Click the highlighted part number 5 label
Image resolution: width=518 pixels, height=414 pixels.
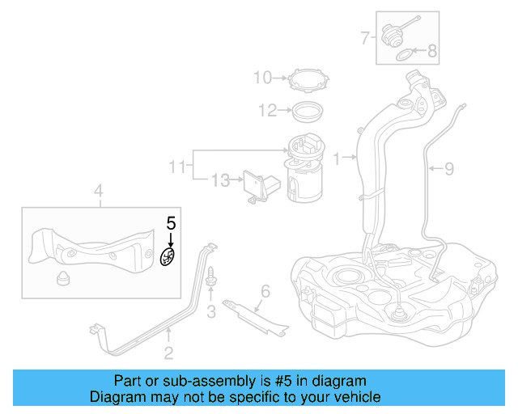pyautogui.click(x=171, y=223)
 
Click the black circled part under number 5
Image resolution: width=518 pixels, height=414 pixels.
pyautogui.click(x=169, y=259)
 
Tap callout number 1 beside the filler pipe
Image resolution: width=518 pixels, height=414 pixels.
pyautogui.click(x=337, y=156)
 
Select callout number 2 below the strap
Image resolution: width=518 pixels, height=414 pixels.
pyautogui.click(x=168, y=352)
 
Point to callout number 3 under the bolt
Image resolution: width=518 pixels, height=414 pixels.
pyautogui.click(x=210, y=311)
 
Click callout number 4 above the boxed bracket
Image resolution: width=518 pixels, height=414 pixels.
pyautogui.click(x=98, y=192)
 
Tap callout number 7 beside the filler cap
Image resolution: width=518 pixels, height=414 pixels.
pyautogui.click(x=365, y=36)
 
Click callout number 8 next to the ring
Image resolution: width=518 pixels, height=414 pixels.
pyautogui.click(x=431, y=52)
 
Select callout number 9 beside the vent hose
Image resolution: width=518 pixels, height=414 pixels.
pyautogui.click(x=449, y=168)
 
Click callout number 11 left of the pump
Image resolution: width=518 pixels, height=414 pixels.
pyautogui.click(x=177, y=167)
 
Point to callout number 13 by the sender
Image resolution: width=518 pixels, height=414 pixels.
pyautogui.click(x=220, y=180)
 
